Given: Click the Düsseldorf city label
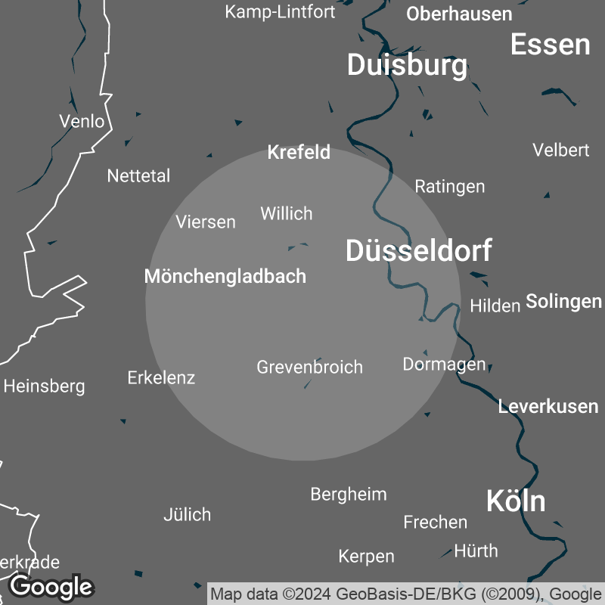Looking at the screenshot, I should tap(418, 250).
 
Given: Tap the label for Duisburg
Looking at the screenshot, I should tap(407, 65).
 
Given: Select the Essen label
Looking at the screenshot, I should tap(550, 45).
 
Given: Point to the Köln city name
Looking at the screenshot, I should tap(515, 501).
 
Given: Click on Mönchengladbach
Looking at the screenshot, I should tap(225, 276).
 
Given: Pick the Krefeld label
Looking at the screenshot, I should tap(299, 153).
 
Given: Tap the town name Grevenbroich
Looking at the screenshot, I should tap(310, 368).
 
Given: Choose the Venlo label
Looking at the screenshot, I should tap(82, 121).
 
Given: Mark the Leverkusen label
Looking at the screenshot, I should tap(548, 406).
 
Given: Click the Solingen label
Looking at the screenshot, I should tap(563, 302).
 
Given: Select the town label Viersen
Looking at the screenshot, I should tap(206, 222).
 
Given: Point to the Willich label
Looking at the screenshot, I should tap(287, 213).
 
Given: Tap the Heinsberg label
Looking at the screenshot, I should tap(44, 386).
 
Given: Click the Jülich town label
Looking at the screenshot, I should tap(187, 515).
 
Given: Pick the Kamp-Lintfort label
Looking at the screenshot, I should tap(279, 12).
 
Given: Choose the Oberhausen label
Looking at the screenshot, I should tap(459, 14).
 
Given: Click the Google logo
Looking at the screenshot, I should tap(51, 586).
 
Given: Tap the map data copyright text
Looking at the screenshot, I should tap(407, 593).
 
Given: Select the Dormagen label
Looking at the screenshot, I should tap(444, 365).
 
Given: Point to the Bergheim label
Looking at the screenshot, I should tap(349, 495).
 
